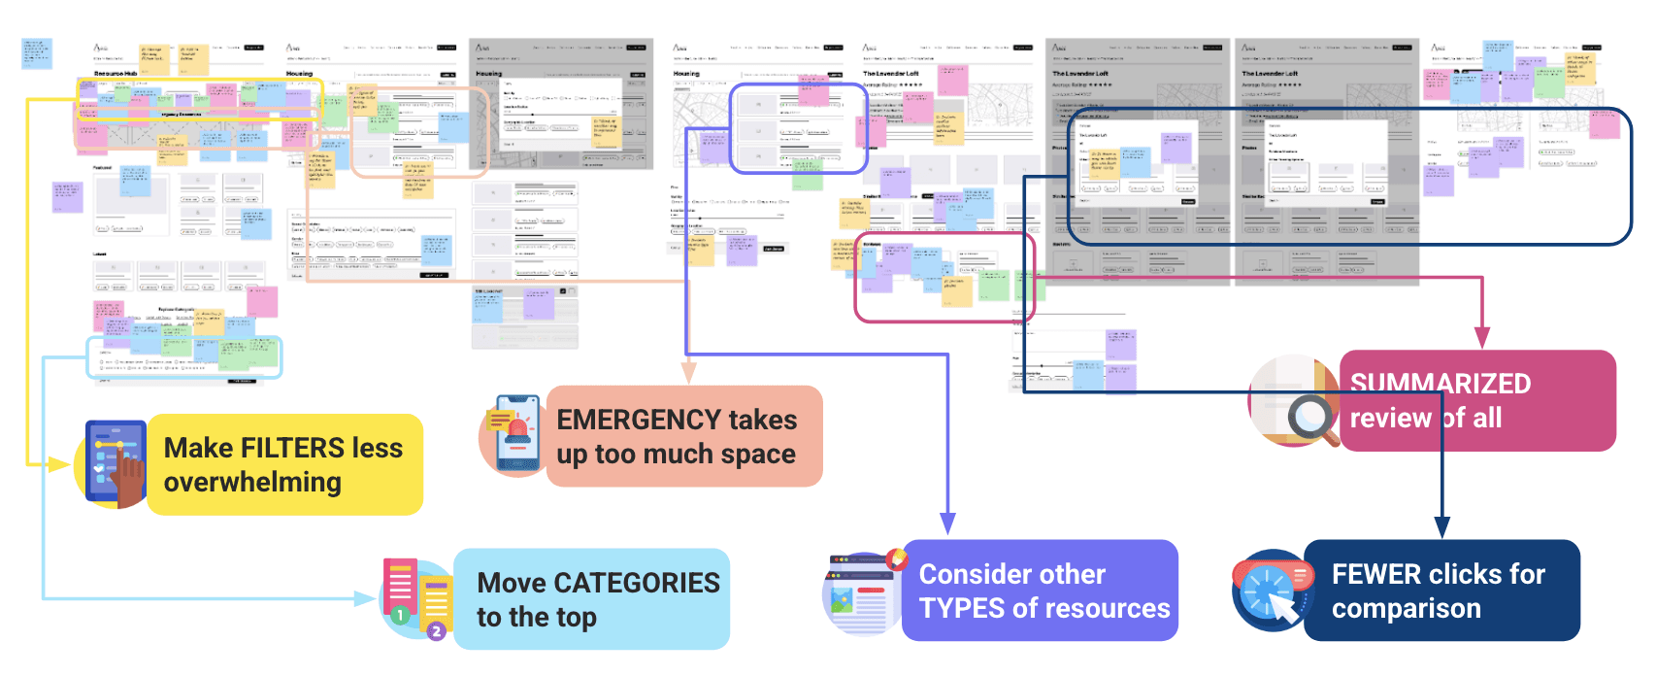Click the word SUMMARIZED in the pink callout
1440,384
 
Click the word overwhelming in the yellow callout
252,483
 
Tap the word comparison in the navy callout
1406,609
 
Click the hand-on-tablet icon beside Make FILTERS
115,464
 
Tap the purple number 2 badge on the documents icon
437,631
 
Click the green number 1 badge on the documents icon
399,614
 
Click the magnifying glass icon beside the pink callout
1310,417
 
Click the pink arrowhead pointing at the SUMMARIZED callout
1482,339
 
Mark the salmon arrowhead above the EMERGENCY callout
689,373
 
